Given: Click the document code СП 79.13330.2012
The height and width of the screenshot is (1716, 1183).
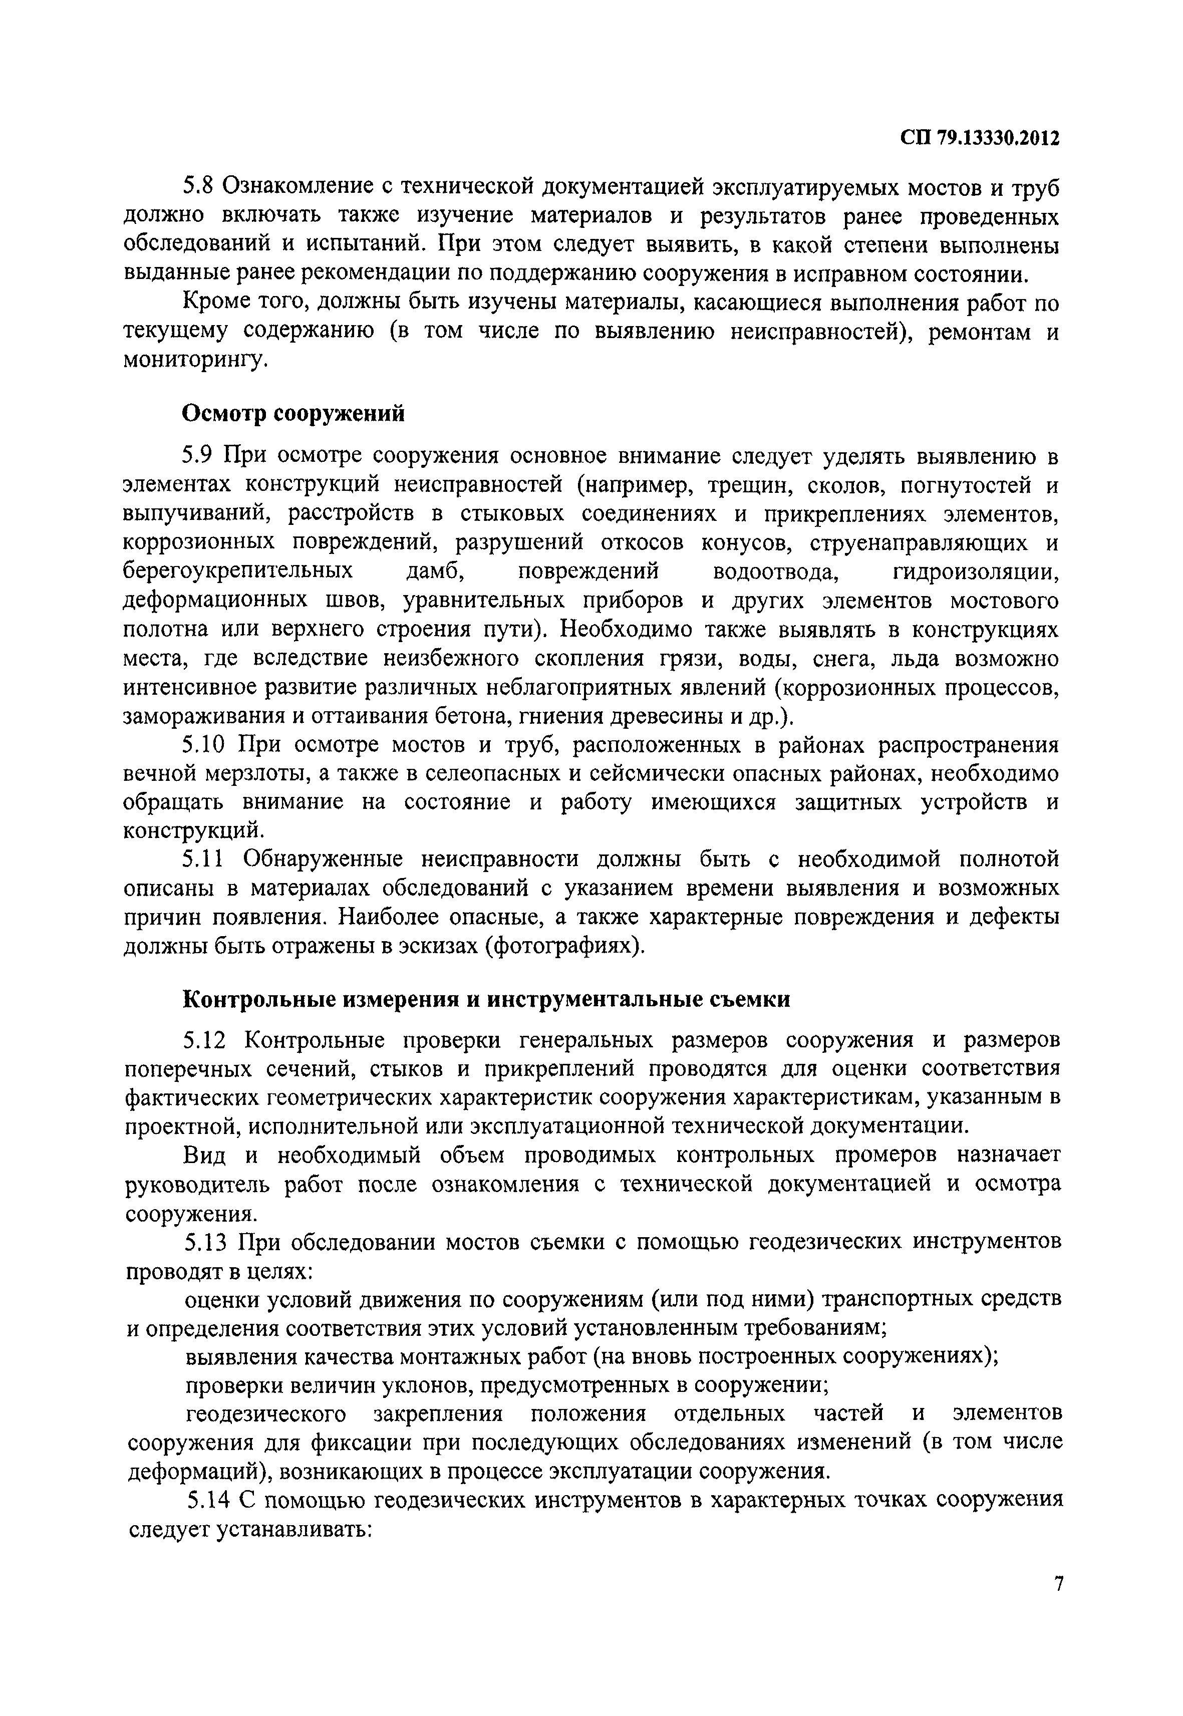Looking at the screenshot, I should tap(981, 139).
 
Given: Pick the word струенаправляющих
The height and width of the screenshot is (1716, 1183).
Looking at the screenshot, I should tap(919, 542).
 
